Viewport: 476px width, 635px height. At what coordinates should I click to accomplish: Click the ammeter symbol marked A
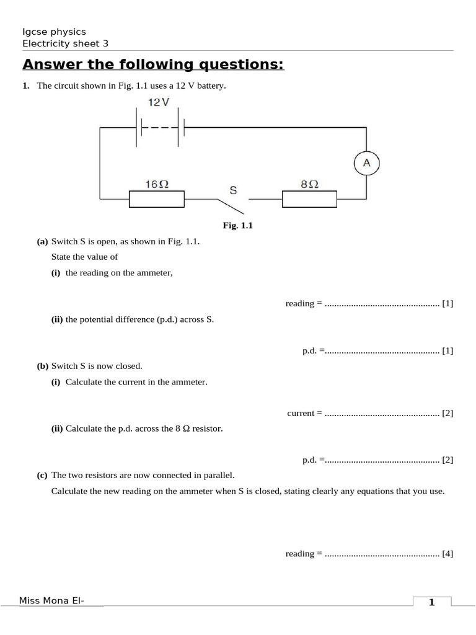click(366, 162)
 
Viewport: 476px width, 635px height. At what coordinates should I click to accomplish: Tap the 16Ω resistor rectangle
click(157, 199)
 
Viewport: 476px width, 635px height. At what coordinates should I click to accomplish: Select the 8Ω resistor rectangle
click(310, 199)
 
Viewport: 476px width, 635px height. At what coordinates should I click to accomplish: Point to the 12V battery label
click(159, 102)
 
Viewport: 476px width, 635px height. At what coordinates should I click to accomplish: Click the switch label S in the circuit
click(233, 190)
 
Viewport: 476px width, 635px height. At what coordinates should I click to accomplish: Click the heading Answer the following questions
click(153, 64)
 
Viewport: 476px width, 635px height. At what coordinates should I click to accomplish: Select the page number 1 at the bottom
click(431, 602)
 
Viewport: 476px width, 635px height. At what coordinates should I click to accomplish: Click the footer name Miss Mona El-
click(52, 600)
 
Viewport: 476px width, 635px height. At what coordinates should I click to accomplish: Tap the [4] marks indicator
click(447, 554)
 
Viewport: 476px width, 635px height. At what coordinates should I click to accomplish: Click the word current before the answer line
click(301, 413)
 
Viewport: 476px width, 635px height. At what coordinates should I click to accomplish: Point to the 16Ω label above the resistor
click(157, 184)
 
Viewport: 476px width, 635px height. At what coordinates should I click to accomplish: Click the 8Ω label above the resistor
click(309, 184)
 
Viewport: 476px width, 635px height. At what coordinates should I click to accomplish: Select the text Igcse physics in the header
click(54, 32)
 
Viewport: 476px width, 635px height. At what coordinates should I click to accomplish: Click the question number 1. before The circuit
click(26, 86)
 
